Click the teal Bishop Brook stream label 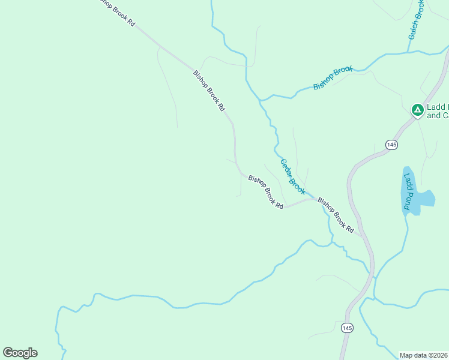pyautogui.click(x=333, y=78)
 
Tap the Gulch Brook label pyautogui.click(x=417, y=20)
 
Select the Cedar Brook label pyautogui.click(x=292, y=177)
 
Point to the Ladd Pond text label pyautogui.click(x=408, y=191)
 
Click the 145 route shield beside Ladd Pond pyautogui.click(x=391, y=145)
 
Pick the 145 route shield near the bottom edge pyautogui.click(x=346, y=328)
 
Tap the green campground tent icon pyautogui.click(x=417, y=110)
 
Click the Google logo pyautogui.click(x=20, y=353)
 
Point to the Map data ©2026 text pyautogui.click(x=424, y=355)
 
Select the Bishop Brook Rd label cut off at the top pyautogui.click(x=117, y=13)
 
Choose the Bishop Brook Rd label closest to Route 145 pyautogui.click(x=336, y=215)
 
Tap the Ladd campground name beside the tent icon pyautogui.click(x=437, y=112)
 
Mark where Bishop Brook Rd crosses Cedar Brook pyautogui.click(x=312, y=199)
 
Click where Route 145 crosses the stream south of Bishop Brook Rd pyautogui.click(x=373, y=275)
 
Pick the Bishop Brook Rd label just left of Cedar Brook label pyautogui.click(x=265, y=192)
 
